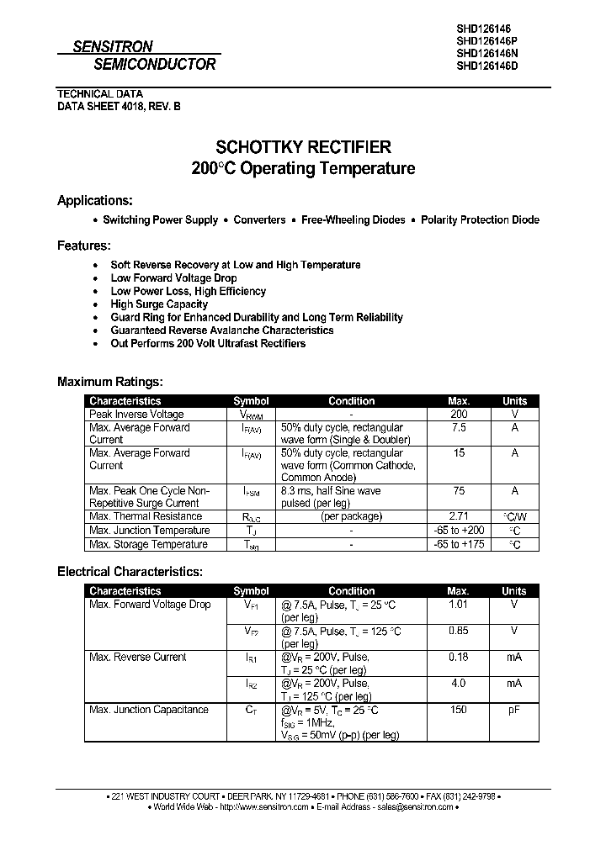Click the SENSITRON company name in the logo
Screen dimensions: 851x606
[x=112, y=47]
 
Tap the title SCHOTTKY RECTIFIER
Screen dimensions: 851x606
[x=303, y=146]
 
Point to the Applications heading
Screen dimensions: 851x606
[x=94, y=200]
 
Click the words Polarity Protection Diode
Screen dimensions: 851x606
[x=480, y=219]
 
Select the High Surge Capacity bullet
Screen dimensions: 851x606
[x=159, y=304]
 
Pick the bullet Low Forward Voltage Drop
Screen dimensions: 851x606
[x=173, y=277]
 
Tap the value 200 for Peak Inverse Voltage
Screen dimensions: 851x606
[x=458, y=415]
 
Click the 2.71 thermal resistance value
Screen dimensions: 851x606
[x=458, y=516]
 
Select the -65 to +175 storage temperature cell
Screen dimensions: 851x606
[x=458, y=545]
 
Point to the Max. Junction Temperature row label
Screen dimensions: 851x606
[x=149, y=531]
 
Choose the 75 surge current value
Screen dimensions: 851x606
[x=458, y=491]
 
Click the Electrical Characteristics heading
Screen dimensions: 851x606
[x=130, y=571]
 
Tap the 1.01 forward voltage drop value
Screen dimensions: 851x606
[x=458, y=605]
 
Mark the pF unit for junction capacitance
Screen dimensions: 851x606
[x=514, y=710]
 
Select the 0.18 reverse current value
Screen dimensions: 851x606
[x=458, y=658]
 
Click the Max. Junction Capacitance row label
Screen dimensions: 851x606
[x=148, y=710]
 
